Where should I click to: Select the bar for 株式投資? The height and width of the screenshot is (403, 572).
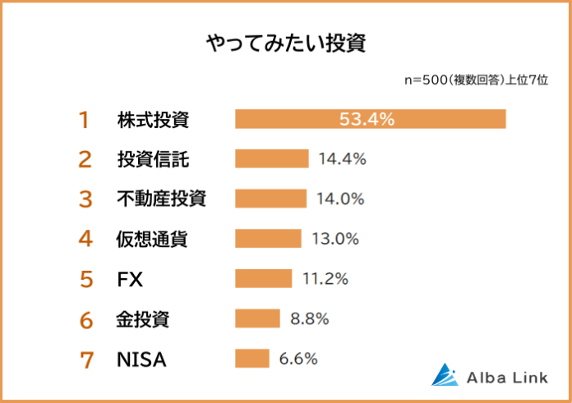[x=370, y=119]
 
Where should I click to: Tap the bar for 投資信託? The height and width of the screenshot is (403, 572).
[x=271, y=158]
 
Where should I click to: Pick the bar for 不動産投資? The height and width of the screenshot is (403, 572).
[x=270, y=199]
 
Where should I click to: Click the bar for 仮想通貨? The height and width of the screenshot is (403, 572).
[x=268, y=239]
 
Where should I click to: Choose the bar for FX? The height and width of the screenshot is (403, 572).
[x=263, y=278]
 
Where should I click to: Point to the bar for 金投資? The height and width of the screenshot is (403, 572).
[x=257, y=318]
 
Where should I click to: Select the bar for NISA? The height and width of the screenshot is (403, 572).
[x=251, y=358]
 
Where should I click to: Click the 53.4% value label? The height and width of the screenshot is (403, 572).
[x=367, y=119]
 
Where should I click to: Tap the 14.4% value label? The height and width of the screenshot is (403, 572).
[x=342, y=158]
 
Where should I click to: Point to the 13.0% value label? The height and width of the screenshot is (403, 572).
[x=335, y=239]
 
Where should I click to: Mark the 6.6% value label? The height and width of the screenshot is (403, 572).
[x=298, y=358]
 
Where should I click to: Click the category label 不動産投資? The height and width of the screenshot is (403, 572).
[x=161, y=199]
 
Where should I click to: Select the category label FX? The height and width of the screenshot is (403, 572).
[x=130, y=279]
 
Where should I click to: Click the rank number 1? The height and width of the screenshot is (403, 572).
[x=83, y=120]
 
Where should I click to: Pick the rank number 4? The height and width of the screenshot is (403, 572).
[x=85, y=239]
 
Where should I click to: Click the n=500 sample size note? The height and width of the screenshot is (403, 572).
[x=477, y=80]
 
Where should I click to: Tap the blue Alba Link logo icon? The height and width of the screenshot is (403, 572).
[x=445, y=374]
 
